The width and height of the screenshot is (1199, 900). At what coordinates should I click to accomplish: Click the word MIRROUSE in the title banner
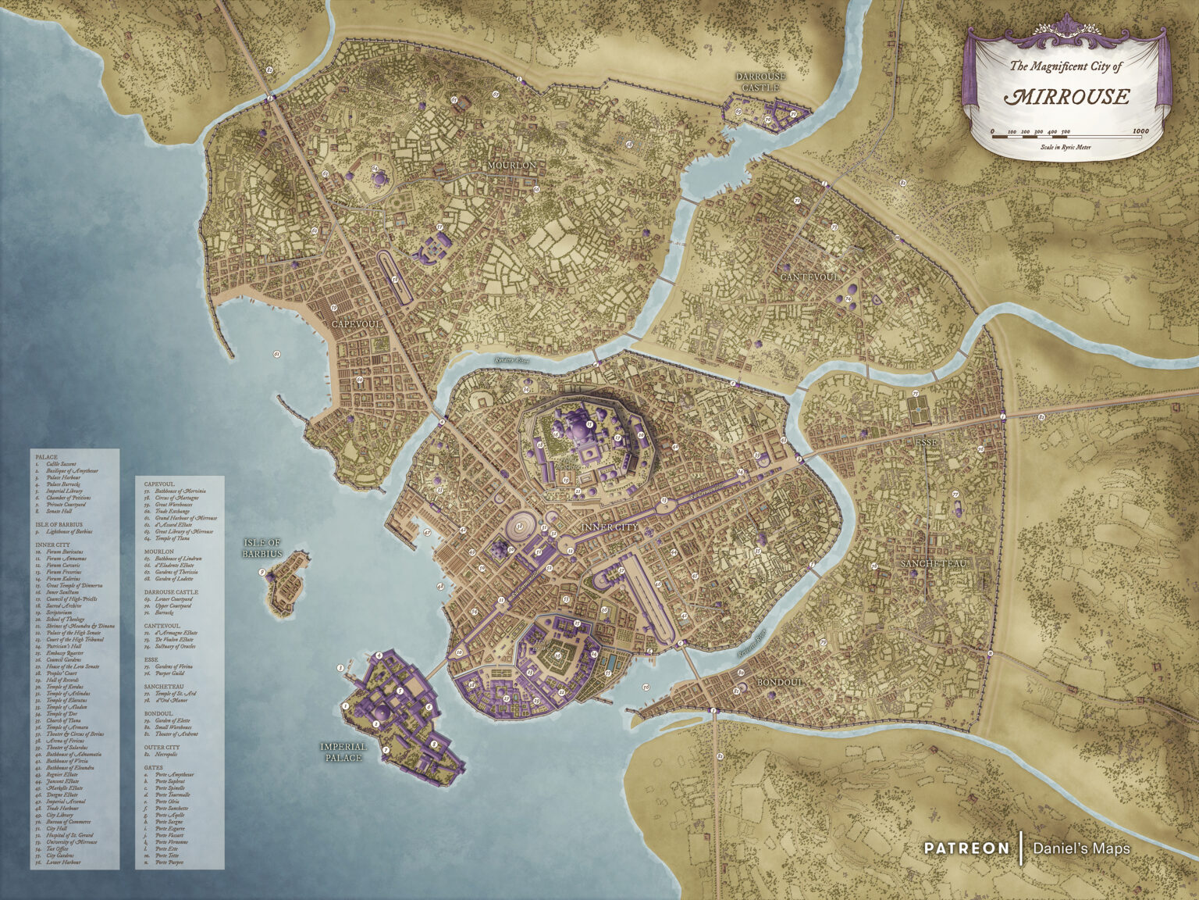(1066, 96)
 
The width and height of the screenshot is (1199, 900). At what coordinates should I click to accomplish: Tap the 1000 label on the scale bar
(1140, 131)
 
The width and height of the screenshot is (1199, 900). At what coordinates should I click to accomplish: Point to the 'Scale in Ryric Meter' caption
(1066, 147)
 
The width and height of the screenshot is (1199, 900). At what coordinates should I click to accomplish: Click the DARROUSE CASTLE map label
(760, 82)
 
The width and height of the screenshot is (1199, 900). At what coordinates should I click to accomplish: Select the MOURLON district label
(512, 166)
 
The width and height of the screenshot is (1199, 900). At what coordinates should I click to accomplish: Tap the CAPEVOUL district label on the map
(356, 323)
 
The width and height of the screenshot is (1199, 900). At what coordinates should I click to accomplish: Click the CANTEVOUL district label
(809, 277)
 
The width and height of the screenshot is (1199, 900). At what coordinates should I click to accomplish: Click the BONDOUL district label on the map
(779, 682)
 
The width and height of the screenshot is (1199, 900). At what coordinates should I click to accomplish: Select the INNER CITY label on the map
(610, 527)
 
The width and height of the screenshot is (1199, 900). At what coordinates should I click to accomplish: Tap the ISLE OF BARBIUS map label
(262, 548)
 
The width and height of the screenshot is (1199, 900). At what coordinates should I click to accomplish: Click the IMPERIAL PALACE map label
(343, 752)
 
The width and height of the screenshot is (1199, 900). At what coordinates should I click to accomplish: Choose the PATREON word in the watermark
(966, 848)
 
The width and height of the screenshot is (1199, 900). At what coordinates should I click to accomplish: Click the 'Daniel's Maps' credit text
(1081, 848)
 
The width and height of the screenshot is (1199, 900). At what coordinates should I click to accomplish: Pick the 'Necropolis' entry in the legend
(168, 755)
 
